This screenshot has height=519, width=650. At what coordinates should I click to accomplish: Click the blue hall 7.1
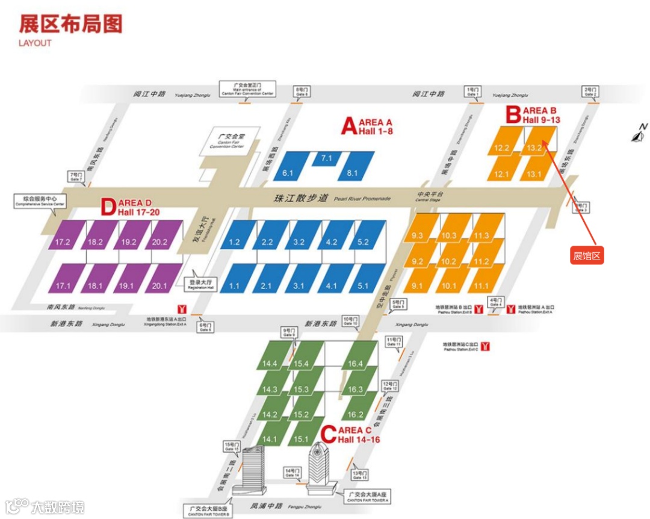(x=327, y=158)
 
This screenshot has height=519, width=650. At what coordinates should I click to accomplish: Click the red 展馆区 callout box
(x=587, y=256)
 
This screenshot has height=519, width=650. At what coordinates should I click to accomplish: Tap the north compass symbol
(x=639, y=134)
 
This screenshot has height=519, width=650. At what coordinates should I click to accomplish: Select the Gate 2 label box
(x=590, y=92)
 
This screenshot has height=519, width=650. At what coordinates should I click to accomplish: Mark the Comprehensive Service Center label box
(x=40, y=200)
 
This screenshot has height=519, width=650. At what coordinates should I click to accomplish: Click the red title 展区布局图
(x=70, y=23)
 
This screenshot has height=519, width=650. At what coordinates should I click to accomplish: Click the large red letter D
(x=108, y=207)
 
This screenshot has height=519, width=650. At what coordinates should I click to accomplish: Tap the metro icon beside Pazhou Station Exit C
(x=484, y=346)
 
